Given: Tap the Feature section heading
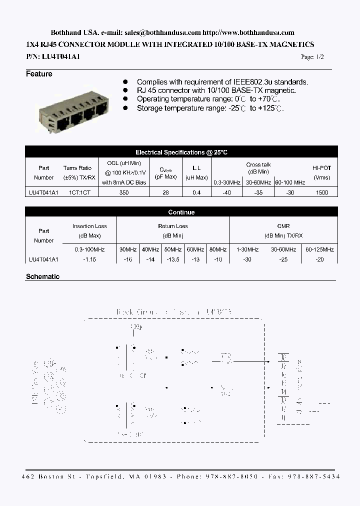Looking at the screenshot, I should tap(39, 74).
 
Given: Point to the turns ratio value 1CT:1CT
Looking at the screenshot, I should tap(76, 192).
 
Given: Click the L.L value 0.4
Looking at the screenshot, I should tap(196, 192).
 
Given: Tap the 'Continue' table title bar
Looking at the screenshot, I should tap(181, 212).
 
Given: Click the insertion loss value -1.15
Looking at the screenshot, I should tap(89, 259).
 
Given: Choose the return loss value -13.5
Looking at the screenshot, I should tap(172, 259).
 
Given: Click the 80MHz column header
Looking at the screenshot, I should tap(217, 249).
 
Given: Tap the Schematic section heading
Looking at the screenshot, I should tap(42, 276).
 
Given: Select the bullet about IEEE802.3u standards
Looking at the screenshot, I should tap(222, 82).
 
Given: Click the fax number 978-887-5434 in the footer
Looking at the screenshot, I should tap(314, 477).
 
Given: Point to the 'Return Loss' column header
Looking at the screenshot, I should tap(172, 226).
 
